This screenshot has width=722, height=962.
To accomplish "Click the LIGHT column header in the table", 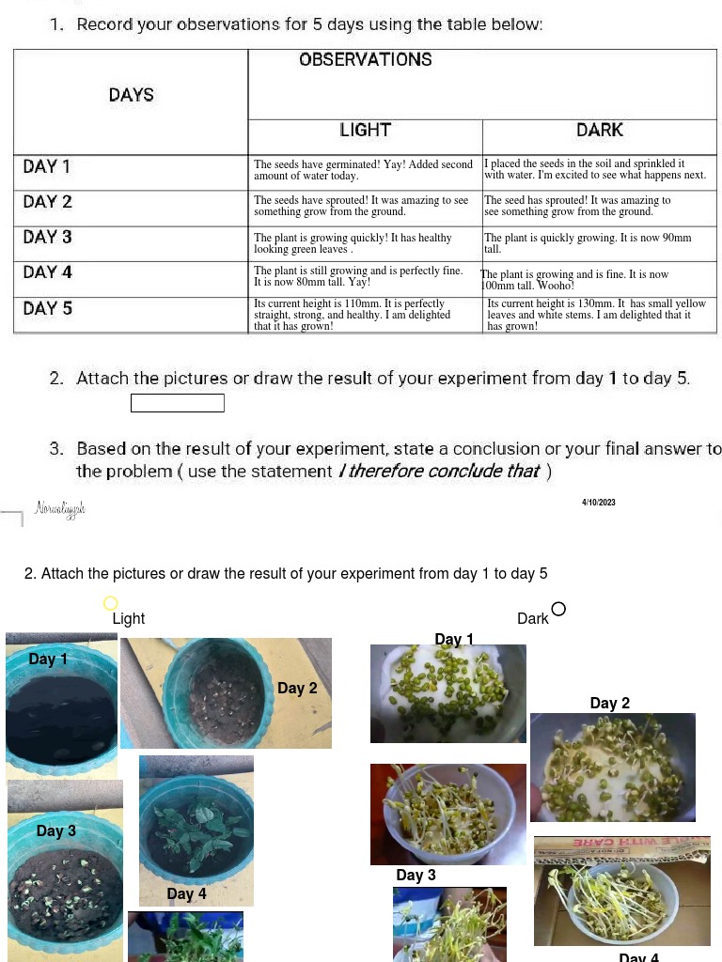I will pos(365,131).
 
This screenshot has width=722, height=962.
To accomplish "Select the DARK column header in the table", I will pos(600,131).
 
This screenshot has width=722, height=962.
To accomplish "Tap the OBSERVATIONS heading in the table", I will pos(366,60).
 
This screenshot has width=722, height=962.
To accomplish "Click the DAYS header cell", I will pos(132,95).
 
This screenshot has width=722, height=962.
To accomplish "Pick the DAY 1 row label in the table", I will pos(47,167).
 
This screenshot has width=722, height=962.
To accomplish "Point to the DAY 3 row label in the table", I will pos(47,237).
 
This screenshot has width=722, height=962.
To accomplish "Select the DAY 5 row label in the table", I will pos(47,309).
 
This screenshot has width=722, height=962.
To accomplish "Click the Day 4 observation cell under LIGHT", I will pos(365,276).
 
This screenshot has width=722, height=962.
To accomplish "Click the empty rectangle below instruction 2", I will pos(178,403).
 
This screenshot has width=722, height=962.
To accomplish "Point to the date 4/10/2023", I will pos(599,503).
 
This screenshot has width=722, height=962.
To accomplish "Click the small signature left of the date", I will pos(60,509).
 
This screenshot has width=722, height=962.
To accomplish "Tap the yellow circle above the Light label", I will pos(111,603).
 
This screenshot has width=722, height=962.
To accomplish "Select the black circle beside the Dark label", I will pos(558,609).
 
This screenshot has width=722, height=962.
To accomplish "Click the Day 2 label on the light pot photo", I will pos(297,689).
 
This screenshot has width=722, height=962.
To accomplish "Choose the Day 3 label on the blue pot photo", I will pos(56,831).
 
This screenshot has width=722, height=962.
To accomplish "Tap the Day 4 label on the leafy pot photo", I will pos(186,894).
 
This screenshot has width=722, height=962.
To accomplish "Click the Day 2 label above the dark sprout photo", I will pos(610,704).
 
